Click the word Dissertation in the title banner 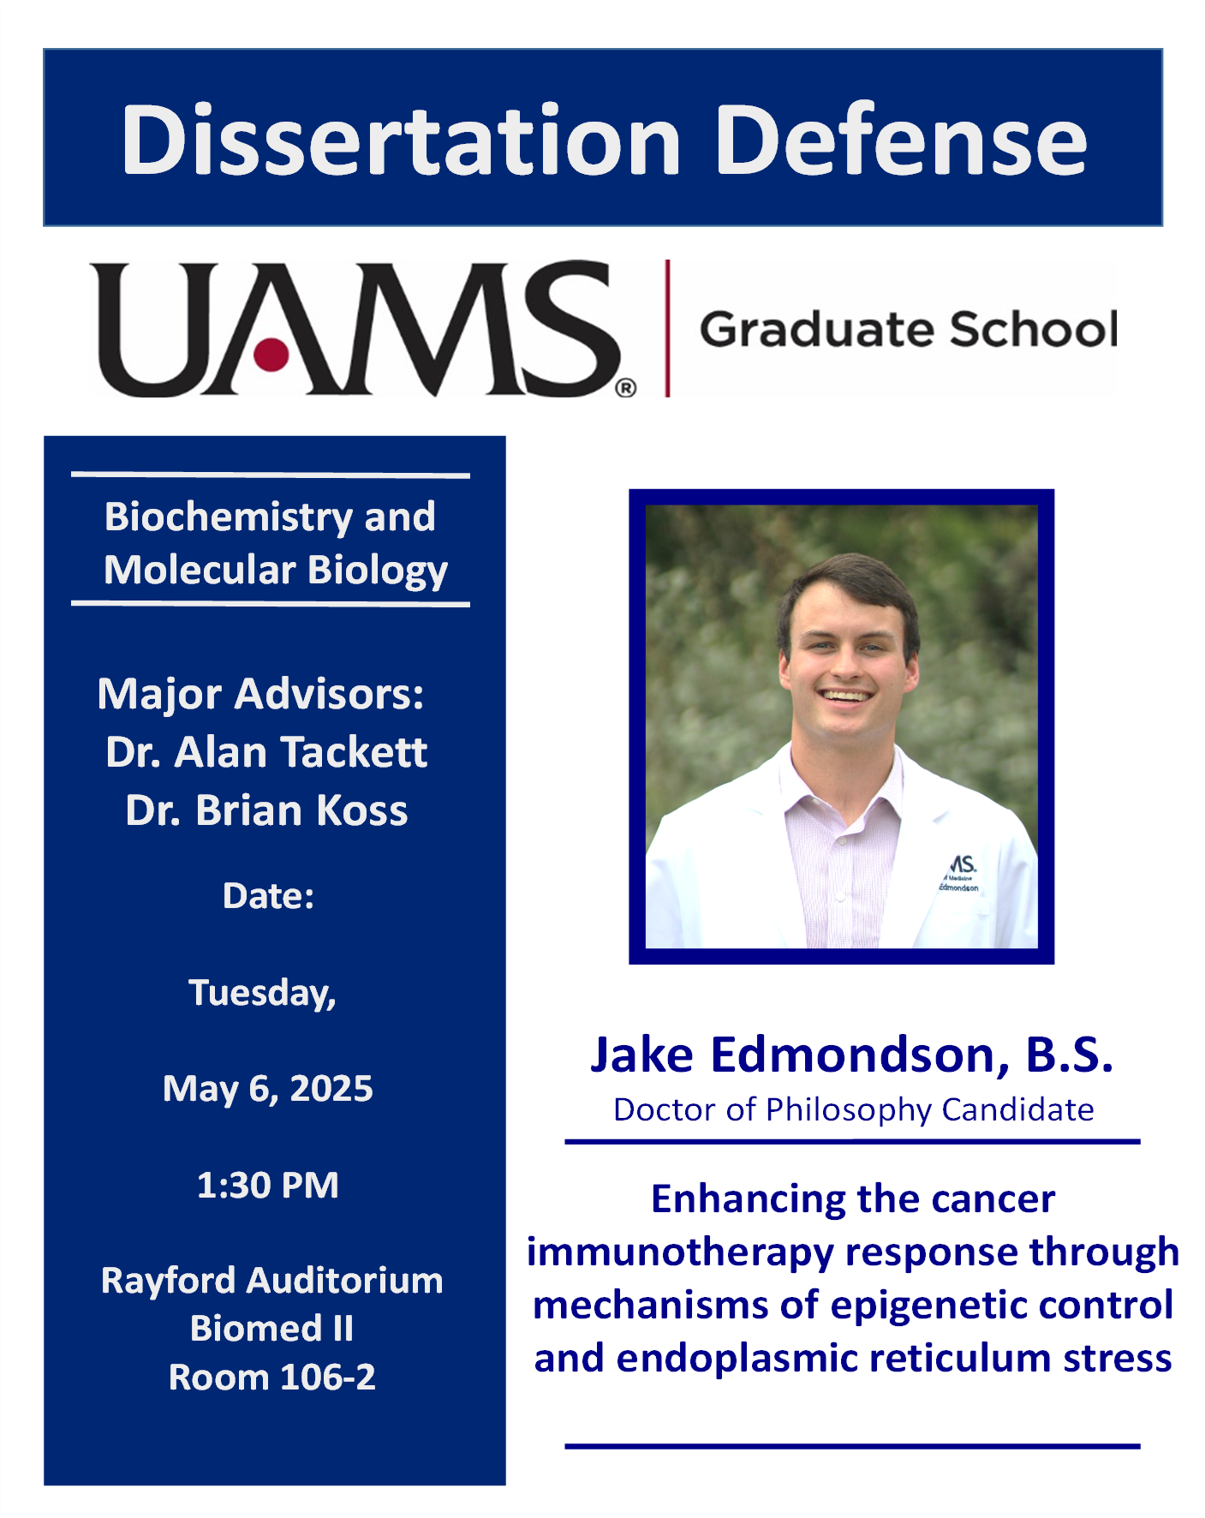401,140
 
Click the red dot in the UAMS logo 271,353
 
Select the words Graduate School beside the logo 908,329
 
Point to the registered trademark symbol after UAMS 626,388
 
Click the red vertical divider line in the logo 667,328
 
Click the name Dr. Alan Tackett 266,752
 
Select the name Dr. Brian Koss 266,810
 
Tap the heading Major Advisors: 260,694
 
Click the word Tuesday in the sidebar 261,993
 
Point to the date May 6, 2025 267,1089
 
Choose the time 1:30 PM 267,1186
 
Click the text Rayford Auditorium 271,1281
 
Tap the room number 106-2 327,1378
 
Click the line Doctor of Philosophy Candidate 853,1109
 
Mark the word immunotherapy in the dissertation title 680,1252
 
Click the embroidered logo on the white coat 961,872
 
